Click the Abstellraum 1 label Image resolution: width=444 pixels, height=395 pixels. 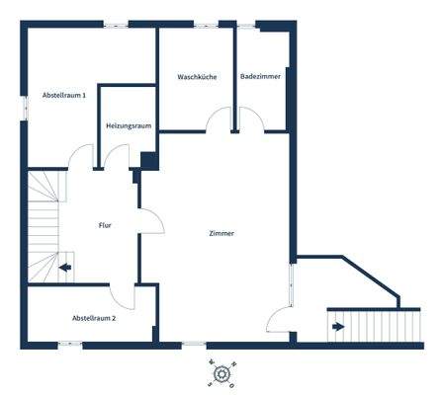(63, 95)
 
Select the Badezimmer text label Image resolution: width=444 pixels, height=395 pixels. (259, 76)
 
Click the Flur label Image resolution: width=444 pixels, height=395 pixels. (105, 226)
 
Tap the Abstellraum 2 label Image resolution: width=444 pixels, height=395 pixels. (94, 318)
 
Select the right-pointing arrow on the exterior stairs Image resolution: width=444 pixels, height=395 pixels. (338, 326)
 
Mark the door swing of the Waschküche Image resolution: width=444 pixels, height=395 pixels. (220, 120)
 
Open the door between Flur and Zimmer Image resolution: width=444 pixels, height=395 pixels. (152, 219)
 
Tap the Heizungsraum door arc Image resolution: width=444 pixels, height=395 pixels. (118, 156)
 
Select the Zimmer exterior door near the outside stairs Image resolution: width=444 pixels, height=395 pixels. (279, 319)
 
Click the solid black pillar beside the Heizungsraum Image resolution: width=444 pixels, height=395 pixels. (148, 160)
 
